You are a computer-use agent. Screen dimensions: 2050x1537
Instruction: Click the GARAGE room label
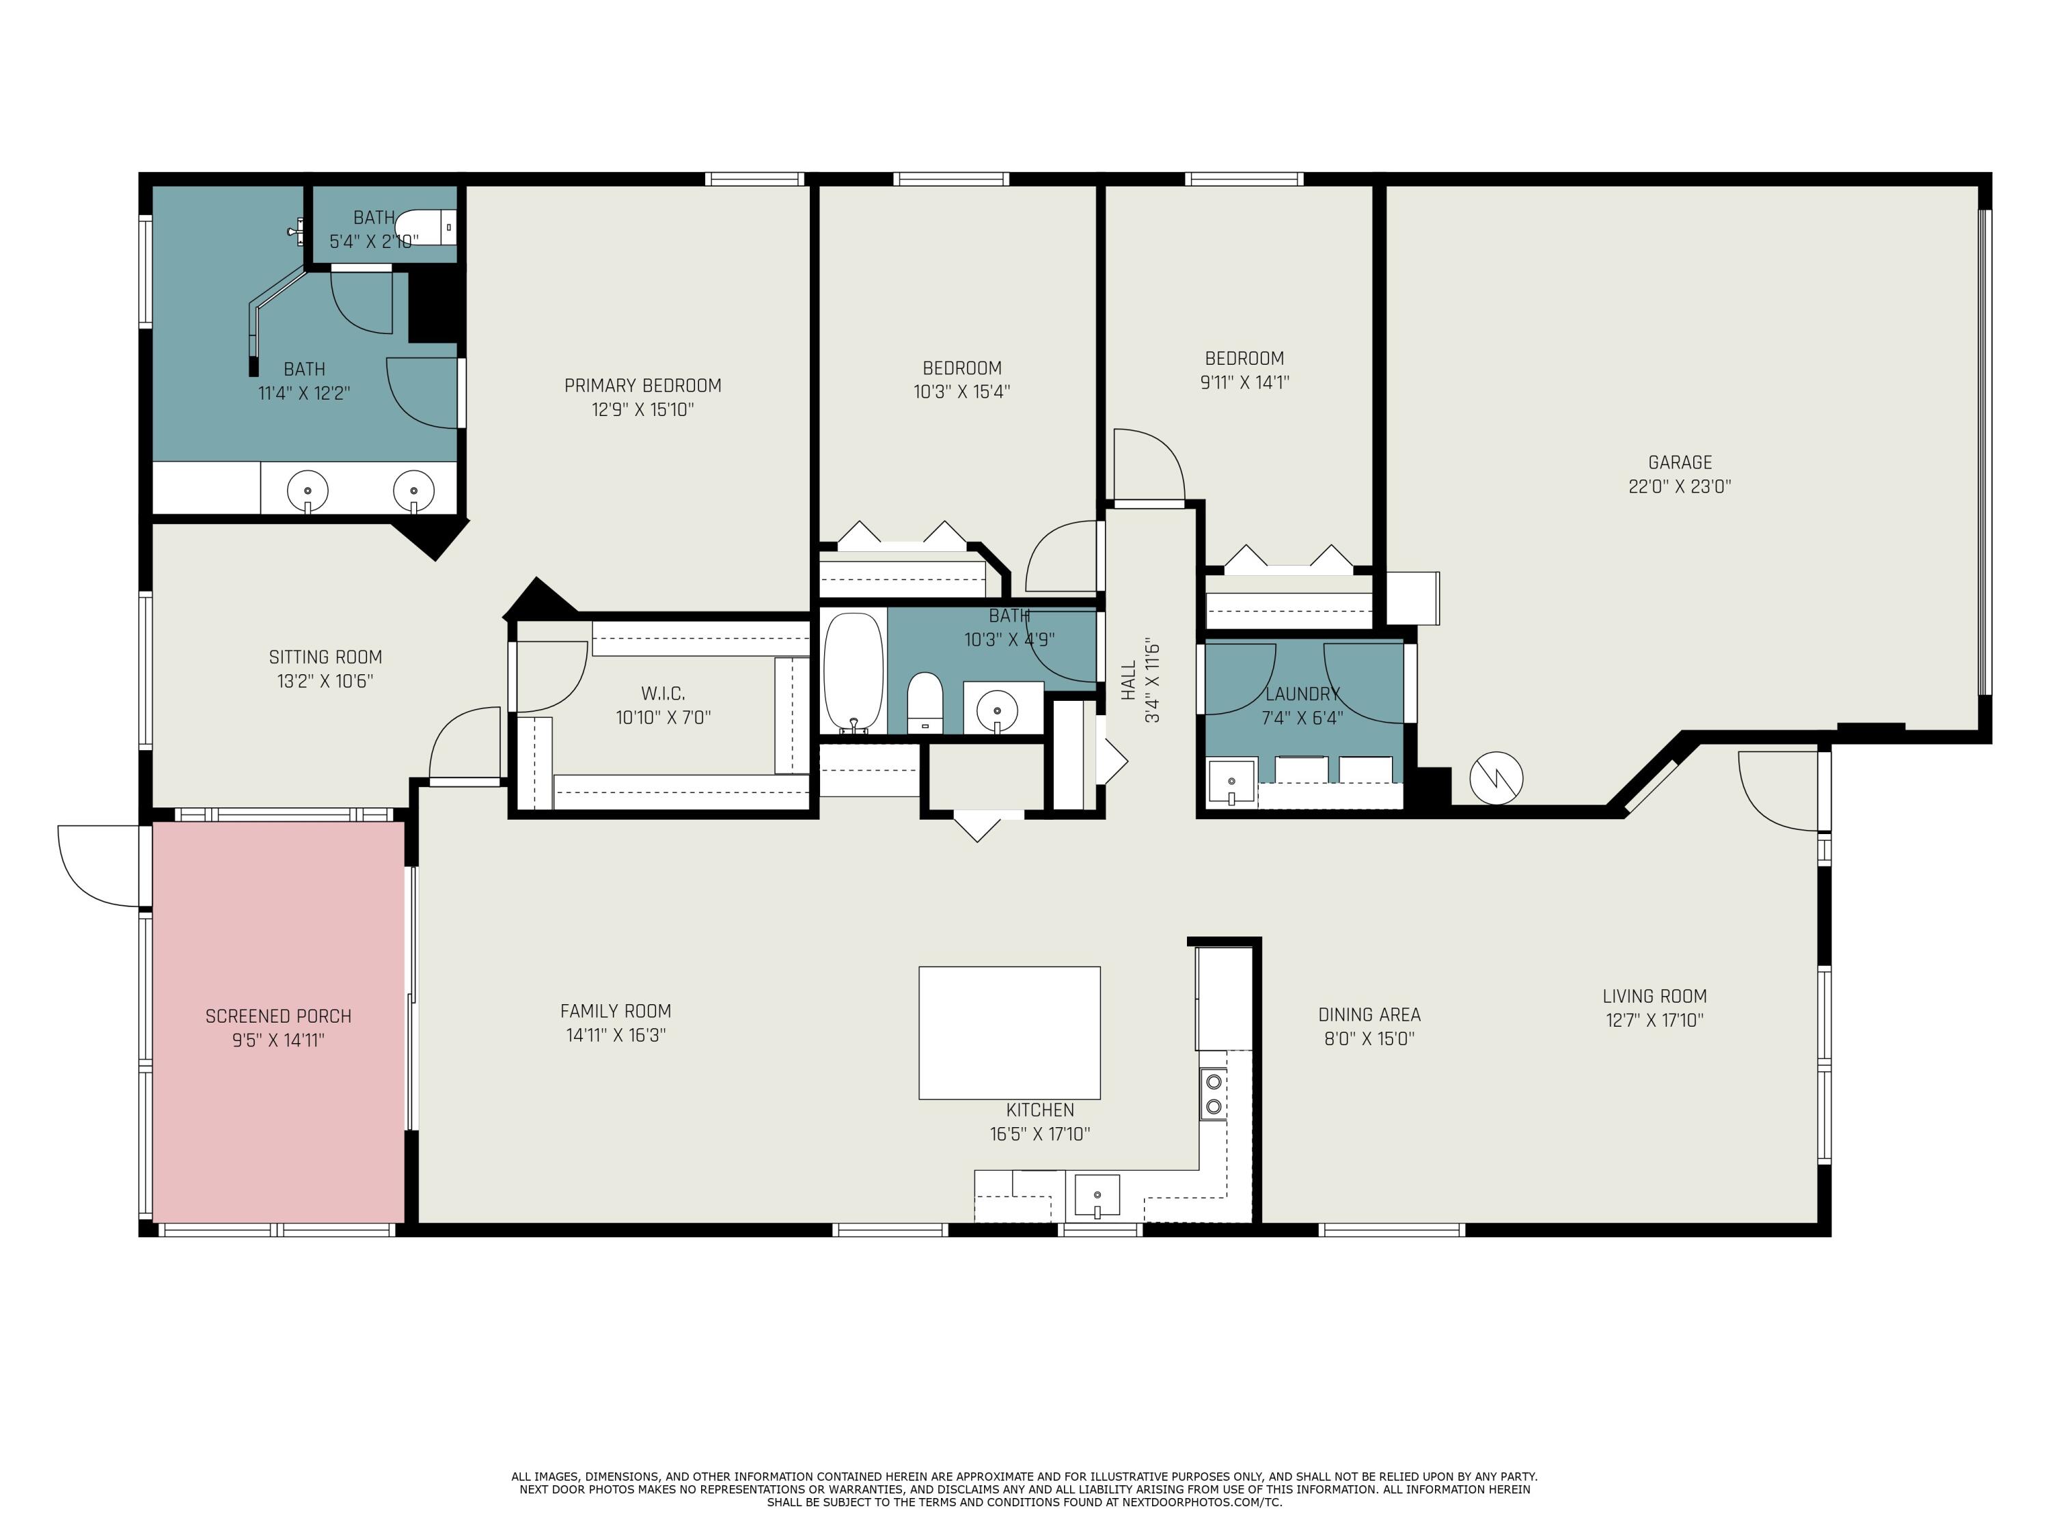coord(1680,462)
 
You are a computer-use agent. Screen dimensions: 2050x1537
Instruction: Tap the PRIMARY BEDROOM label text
coord(642,385)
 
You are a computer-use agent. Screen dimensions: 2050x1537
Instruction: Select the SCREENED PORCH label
coord(278,1016)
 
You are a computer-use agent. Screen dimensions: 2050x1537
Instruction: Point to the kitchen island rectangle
coord(1009,1033)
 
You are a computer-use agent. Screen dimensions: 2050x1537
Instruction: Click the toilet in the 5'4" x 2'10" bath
coord(426,227)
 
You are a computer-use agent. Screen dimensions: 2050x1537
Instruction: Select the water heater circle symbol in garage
coord(1496,777)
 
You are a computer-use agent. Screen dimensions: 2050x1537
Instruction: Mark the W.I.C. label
coord(664,694)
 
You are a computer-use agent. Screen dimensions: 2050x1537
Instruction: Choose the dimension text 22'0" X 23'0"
coord(1680,486)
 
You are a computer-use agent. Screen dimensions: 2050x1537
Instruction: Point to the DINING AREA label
coord(1369,1014)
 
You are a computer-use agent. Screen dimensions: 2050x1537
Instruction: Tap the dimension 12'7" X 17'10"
coord(1654,1020)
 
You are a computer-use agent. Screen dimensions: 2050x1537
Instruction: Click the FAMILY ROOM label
coord(616,1011)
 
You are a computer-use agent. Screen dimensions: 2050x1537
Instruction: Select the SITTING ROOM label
coord(325,657)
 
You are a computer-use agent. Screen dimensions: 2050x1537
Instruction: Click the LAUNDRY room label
coord(1302,694)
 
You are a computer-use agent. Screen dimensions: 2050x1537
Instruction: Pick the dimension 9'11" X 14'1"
coord(1244,382)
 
